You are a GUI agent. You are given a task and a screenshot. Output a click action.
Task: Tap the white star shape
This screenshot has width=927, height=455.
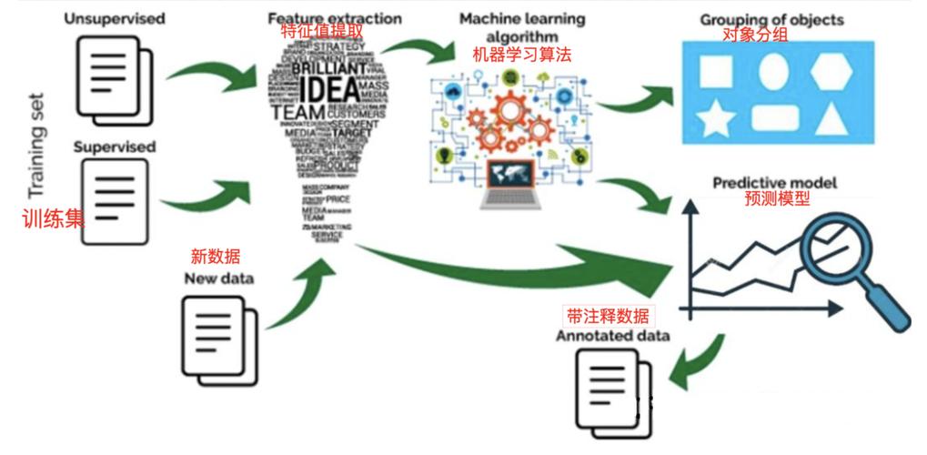(716, 119)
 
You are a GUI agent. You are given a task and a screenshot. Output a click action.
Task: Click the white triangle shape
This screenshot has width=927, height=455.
(832, 119)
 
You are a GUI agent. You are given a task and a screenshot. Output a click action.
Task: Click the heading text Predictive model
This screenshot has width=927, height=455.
(774, 183)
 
